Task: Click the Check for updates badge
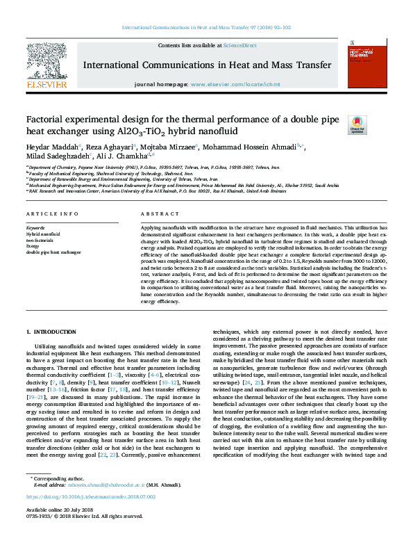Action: click(x=357, y=124)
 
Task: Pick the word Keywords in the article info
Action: click(x=36, y=228)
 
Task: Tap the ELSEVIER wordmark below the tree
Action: click(x=47, y=84)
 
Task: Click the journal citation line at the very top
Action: click(x=206, y=28)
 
